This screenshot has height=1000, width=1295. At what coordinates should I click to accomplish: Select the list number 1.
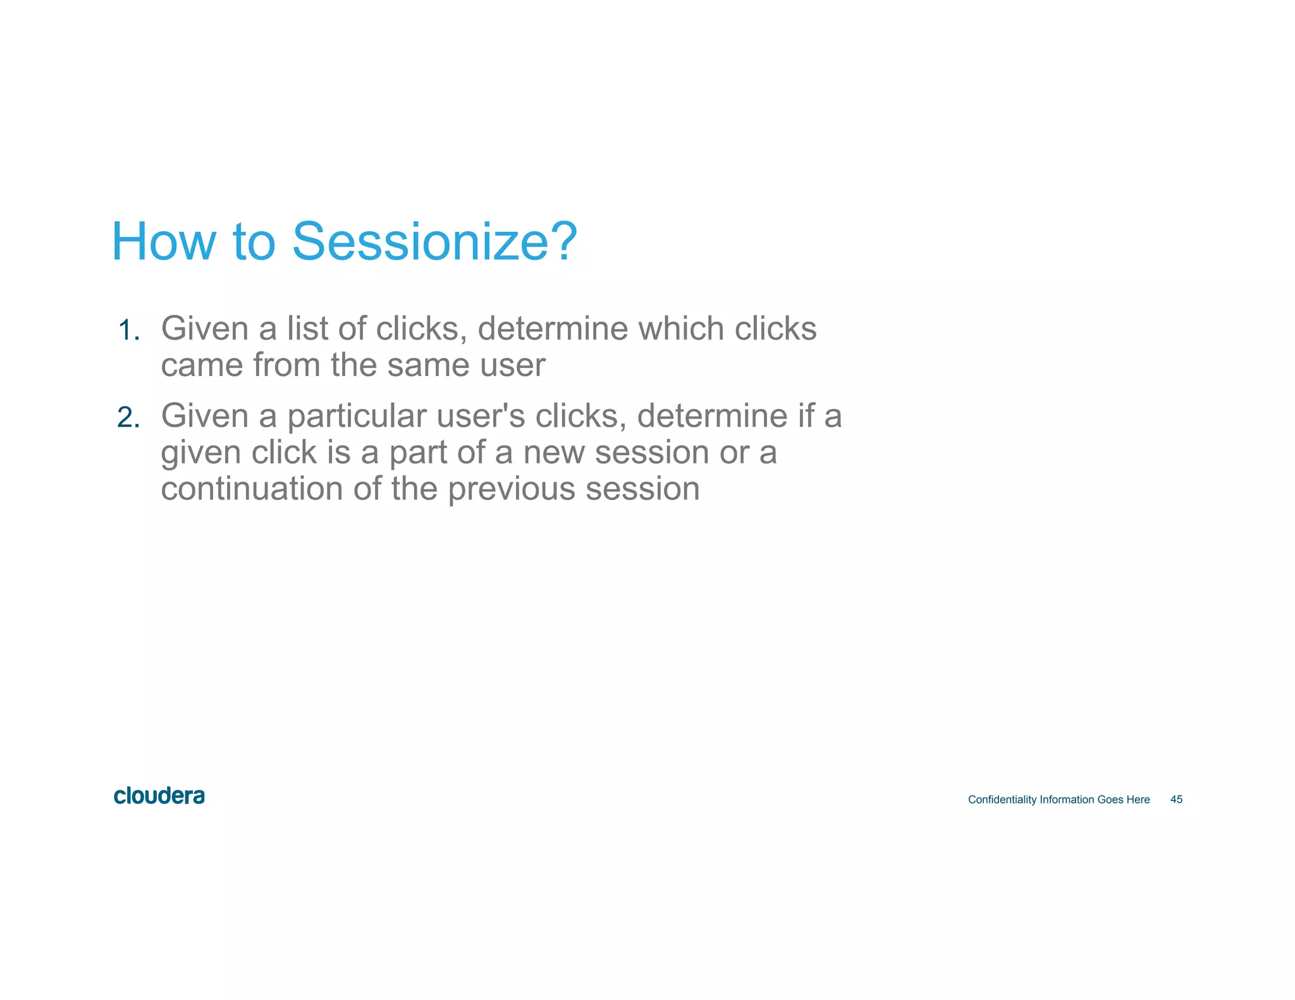(128, 331)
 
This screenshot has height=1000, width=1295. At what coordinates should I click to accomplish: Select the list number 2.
(128, 418)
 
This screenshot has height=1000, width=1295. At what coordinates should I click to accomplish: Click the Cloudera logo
(159, 796)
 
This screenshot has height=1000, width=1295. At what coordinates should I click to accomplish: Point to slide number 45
(1176, 800)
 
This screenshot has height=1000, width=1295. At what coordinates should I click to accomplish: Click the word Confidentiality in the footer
(1002, 800)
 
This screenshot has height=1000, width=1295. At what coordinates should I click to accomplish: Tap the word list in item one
(307, 329)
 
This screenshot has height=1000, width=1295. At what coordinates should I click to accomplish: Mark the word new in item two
(553, 453)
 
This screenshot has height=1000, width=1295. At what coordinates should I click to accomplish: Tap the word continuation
(252, 489)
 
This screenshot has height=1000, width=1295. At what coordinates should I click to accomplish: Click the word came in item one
(202, 365)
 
